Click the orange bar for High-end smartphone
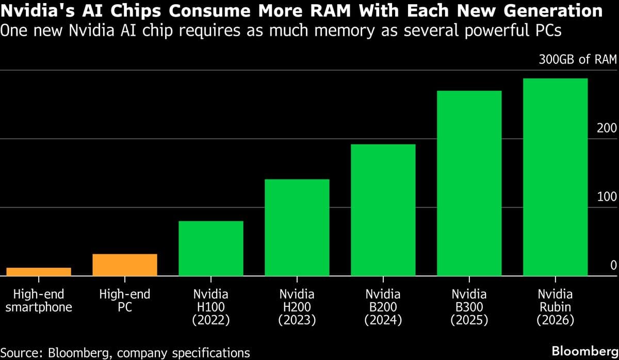click(39, 272)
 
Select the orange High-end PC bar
click(125, 265)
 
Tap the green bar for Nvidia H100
click(210, 249)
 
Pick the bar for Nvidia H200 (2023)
click(297, 227)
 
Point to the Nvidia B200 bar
click(383, 210)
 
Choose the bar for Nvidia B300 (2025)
click(469, 184)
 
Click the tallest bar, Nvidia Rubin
click(555, 177)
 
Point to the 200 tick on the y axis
click(607, 128)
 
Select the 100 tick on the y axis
click(607, 197)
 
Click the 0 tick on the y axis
click(613, 265)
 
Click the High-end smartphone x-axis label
click(39, 301)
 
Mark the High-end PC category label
click(125, 301)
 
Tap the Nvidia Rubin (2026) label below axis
click(555, 307)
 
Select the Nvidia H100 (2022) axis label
click(210, 307)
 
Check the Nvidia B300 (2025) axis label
click(469, 307)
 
